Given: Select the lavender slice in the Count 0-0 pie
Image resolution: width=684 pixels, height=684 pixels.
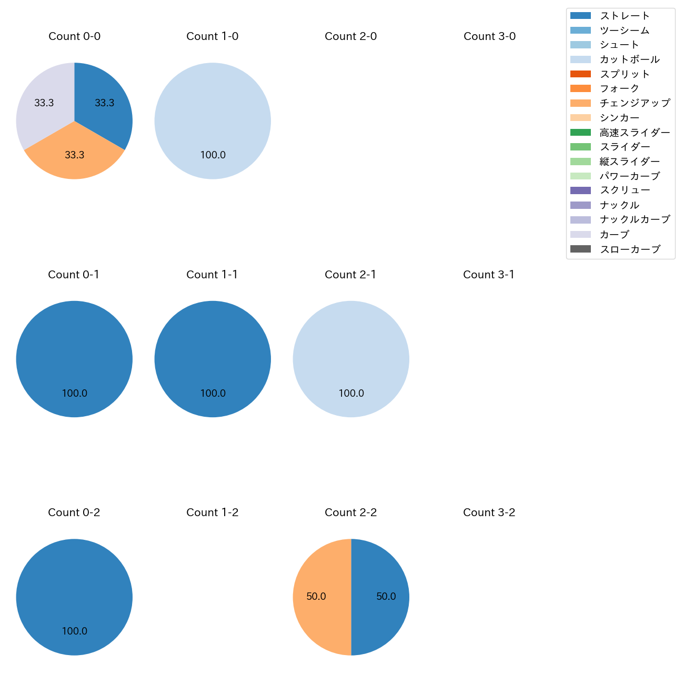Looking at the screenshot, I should tap(42, 105).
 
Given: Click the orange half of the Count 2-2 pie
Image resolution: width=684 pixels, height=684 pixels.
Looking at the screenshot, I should tap(318, 597).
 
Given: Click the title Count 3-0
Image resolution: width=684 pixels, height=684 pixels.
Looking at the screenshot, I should tap(489, 36).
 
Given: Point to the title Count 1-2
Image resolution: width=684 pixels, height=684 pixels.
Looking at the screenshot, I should tap(213, 512).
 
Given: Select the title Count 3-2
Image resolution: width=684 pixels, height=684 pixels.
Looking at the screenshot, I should tap(489, 512).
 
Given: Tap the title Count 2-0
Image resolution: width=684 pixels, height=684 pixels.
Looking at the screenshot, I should tap(351, 36).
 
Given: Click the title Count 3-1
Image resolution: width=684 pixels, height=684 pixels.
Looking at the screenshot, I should tap(489, 275).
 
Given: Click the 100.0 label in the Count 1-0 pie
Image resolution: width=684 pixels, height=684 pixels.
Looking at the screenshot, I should tap(213, 155).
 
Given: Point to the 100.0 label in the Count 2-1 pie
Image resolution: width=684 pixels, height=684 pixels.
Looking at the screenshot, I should tap(351, 394).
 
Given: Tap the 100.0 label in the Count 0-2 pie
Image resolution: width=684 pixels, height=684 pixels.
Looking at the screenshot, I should tap(74, 631).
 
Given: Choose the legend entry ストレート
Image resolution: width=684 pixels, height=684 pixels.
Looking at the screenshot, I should tap(625, 16).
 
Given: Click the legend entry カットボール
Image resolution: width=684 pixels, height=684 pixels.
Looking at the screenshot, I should tap(629, 59).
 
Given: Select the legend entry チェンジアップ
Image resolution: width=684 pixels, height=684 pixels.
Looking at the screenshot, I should tap(635, 103).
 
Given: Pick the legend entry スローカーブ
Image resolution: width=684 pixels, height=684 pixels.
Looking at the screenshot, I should tap(630, 249).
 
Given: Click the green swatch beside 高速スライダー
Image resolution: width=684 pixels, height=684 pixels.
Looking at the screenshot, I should tap(580, 132).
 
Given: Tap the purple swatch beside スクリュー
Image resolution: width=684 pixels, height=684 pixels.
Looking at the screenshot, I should tap(580, 190).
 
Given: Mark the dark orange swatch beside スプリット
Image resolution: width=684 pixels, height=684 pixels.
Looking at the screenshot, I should tap(580, 74).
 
